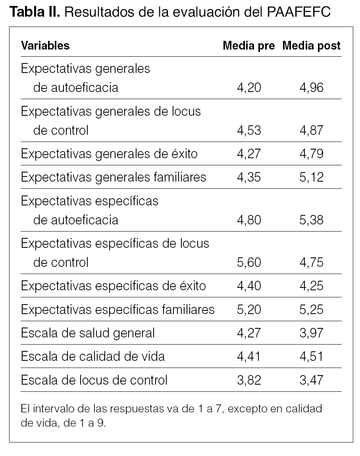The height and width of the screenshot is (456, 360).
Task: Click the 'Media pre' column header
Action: (x=248, y=46)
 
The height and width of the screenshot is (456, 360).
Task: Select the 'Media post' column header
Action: (x=311, y=46)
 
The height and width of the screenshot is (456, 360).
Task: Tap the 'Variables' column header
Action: (x=45, y=46)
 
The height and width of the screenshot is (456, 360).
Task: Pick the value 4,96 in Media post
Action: (x=312, y=87)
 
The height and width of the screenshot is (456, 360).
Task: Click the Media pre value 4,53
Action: (x=249, y=130)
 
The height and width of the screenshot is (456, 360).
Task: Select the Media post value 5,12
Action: (x=312, y=177)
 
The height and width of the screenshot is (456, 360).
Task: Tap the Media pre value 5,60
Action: (x=249, y=262)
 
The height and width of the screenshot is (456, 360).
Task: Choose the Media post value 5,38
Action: (x=312, y=220)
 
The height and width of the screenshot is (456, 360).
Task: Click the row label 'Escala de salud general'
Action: (x=88, y=333)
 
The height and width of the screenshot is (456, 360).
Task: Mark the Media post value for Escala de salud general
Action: (x=312, y=333)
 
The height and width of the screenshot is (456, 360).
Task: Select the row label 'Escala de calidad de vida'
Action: (x=93, y=356)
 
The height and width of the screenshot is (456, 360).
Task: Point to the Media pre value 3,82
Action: (x=249, y=380)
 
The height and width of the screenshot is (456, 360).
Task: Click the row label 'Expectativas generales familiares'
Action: (x=114, y=177)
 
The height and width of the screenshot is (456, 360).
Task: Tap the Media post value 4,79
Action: (x=312, y=153)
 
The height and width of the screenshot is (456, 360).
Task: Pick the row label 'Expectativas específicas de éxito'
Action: (x=114, y=286)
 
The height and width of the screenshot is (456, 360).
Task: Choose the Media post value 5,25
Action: (x=312, y=309)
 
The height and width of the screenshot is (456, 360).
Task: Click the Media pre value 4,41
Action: (x=249, y=356)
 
